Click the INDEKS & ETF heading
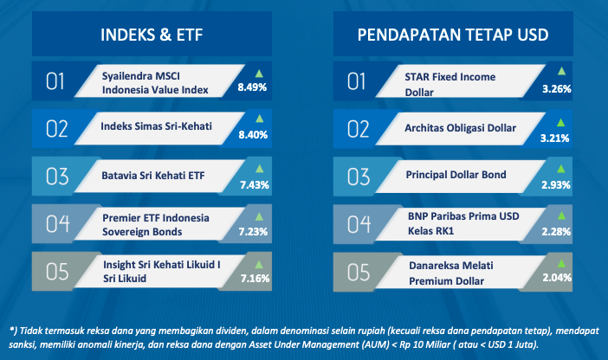coord(152,35)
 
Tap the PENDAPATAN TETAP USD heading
coord(453,35)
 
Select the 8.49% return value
coord(252,87)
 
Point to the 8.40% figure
coord(253,135)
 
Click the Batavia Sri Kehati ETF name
coord(152,176)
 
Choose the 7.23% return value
coord(253,232)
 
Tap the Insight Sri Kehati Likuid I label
coord(162,265)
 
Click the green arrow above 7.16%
coord(259,265)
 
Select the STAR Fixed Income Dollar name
coord(450,85)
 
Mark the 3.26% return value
coord(556,89)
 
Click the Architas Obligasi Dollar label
coord(460,128)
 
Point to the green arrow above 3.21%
coord(560,123)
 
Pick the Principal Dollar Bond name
coord(456,175)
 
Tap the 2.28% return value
coord(556,232)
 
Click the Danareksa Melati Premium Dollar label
coord(451,273)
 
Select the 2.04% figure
coord(557,278)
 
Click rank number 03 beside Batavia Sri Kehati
coord(57,177)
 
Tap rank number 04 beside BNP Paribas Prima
coord(359,224)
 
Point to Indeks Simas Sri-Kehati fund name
coord(156,126)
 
